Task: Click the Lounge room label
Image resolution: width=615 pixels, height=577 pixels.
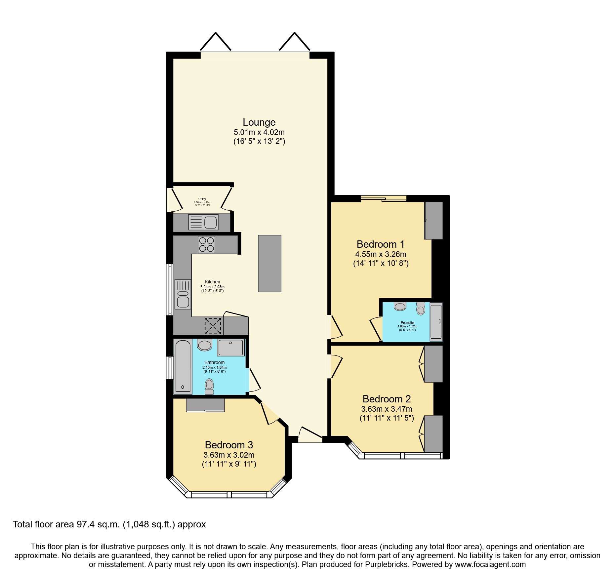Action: (259, 122)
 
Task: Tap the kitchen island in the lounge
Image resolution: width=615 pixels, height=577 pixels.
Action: (269, 263)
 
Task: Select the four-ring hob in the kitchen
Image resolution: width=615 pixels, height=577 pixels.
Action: (207, 244)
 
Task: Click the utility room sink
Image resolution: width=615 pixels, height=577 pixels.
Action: (203, 222)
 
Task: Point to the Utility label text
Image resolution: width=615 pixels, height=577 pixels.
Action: (202, 199)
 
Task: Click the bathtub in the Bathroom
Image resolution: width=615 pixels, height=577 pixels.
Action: (183, 366)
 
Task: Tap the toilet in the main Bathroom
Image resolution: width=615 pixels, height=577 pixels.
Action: (209, 386)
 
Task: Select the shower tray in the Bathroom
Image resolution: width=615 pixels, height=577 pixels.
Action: (231, 347)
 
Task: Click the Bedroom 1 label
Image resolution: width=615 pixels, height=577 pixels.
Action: (380, 244)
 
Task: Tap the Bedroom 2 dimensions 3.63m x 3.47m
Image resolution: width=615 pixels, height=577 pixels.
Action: (387, 409)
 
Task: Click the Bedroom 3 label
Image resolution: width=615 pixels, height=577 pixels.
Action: (229, 445)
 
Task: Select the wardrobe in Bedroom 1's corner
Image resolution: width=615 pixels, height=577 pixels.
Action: (434, 220)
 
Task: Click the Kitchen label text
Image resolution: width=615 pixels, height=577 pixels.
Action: (212, 282)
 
